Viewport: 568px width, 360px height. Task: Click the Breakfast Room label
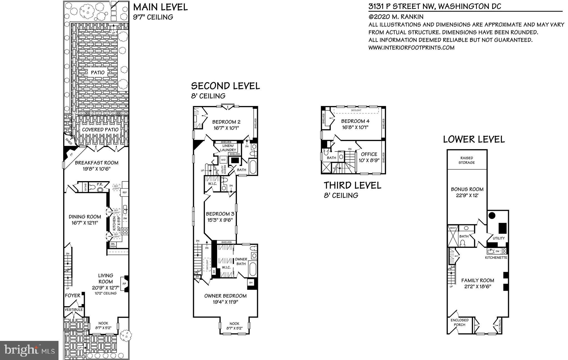tap(97, 163)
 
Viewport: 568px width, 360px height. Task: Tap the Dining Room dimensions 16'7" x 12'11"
tap(85, 223)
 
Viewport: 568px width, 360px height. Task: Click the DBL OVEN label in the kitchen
tap(113, 245)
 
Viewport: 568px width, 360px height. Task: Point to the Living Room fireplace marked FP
tap(124, 284)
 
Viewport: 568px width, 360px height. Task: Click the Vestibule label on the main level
tap(74, 310)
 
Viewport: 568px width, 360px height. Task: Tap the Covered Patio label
tap(100, 130)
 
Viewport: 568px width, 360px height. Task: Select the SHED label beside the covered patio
tap(69, 142)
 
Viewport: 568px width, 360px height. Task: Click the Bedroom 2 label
tap(226, 122)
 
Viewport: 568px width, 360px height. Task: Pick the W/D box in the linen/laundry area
tap(223, 160)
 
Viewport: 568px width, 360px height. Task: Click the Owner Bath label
tap(241, 261)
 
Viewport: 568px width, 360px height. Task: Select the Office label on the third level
tap(369, 154)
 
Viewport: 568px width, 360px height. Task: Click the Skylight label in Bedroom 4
tap(356, 110)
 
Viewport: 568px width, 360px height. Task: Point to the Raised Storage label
tap(466, 160)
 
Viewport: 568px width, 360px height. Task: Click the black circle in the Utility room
tap(492, 215)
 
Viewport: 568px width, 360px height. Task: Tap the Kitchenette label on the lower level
tap(496, 258)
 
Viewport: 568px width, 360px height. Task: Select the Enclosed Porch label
tap(459, 322)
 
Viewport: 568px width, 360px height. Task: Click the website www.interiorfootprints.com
tap(411, 48)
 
